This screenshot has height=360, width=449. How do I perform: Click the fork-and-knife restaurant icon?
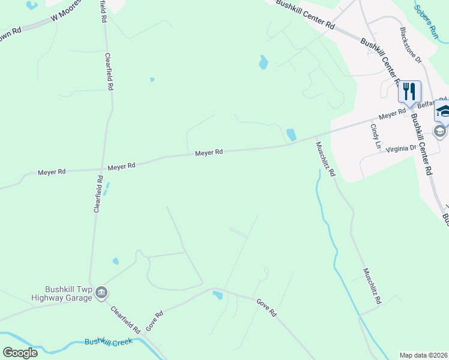pos(409,92)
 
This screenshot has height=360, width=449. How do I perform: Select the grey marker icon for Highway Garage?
pos(101,292)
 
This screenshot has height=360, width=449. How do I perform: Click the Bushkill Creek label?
pos(108,341)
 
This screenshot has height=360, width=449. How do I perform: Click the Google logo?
pos(20,353)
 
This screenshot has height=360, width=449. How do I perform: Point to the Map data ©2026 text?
pos(423,355)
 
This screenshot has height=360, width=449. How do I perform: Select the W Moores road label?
pos(65,15)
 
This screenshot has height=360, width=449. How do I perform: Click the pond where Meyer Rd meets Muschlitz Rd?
pos(291,135)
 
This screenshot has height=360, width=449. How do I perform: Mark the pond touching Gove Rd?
pos(217,294)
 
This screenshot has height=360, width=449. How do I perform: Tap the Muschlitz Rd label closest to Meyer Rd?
pos(325,159)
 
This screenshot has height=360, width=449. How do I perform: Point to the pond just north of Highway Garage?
pos(115,261)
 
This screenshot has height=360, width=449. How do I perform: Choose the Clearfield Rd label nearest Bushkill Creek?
pos(125,319)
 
